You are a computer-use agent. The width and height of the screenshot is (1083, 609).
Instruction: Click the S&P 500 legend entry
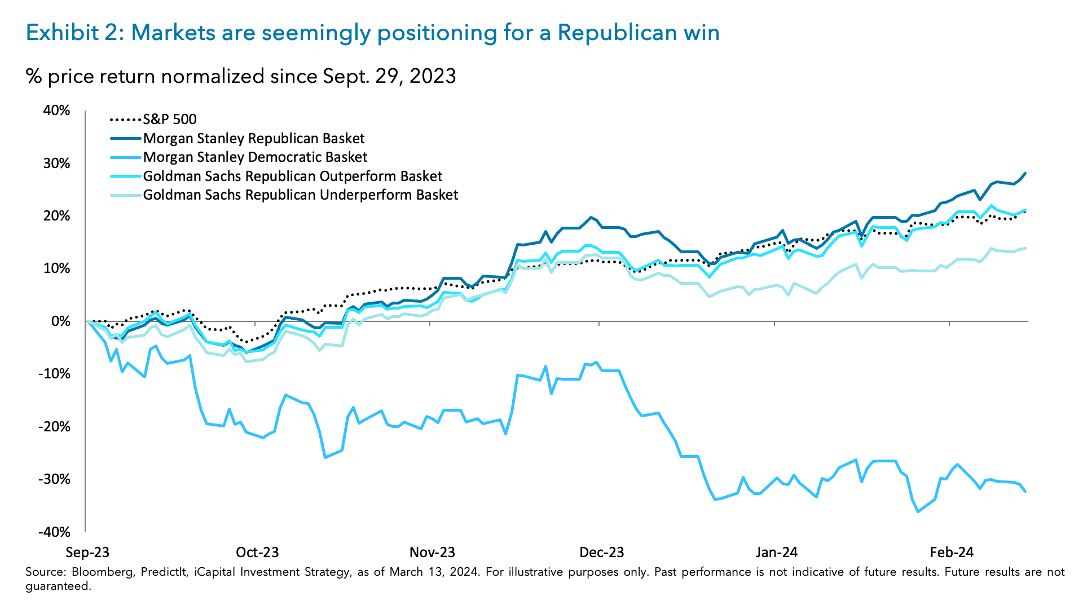pos(169,120)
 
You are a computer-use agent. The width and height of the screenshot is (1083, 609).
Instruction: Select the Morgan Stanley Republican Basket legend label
pos(254,139)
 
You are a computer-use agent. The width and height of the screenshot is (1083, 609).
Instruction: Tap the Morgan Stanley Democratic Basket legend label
pos(255,157)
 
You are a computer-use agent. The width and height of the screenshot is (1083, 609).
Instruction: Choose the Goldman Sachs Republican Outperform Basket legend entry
pos(292,176)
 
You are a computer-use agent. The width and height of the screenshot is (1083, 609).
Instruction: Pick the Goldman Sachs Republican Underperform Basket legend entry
pos(300,195)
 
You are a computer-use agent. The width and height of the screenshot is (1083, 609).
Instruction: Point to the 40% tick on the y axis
pos(56,111)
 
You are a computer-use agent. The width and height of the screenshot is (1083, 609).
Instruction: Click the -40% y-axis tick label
pos(54,532)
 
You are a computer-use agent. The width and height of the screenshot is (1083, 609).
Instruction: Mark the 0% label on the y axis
pos(60,321)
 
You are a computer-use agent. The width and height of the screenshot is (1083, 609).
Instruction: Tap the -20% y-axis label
pos(54,427)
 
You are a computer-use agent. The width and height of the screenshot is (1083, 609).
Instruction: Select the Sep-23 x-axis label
pos(87,553)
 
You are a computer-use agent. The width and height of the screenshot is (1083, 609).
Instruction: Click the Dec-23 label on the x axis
pos(602,553)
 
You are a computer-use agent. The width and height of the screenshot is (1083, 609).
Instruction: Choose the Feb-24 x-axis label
pos(952,553)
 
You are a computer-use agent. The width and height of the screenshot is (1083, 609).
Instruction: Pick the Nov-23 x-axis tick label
pos(432,553)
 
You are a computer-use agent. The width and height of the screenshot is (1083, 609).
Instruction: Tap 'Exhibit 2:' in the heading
pos(74,33)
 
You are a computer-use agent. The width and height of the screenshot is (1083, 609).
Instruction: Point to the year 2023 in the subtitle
pos(433,76)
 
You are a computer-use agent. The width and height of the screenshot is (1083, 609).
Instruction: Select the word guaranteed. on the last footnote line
pos(58,586)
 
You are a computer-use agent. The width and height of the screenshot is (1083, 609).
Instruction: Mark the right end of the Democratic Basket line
pos(1025,492)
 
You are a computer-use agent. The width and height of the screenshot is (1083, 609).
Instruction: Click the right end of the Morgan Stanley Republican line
pos(1025,174)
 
